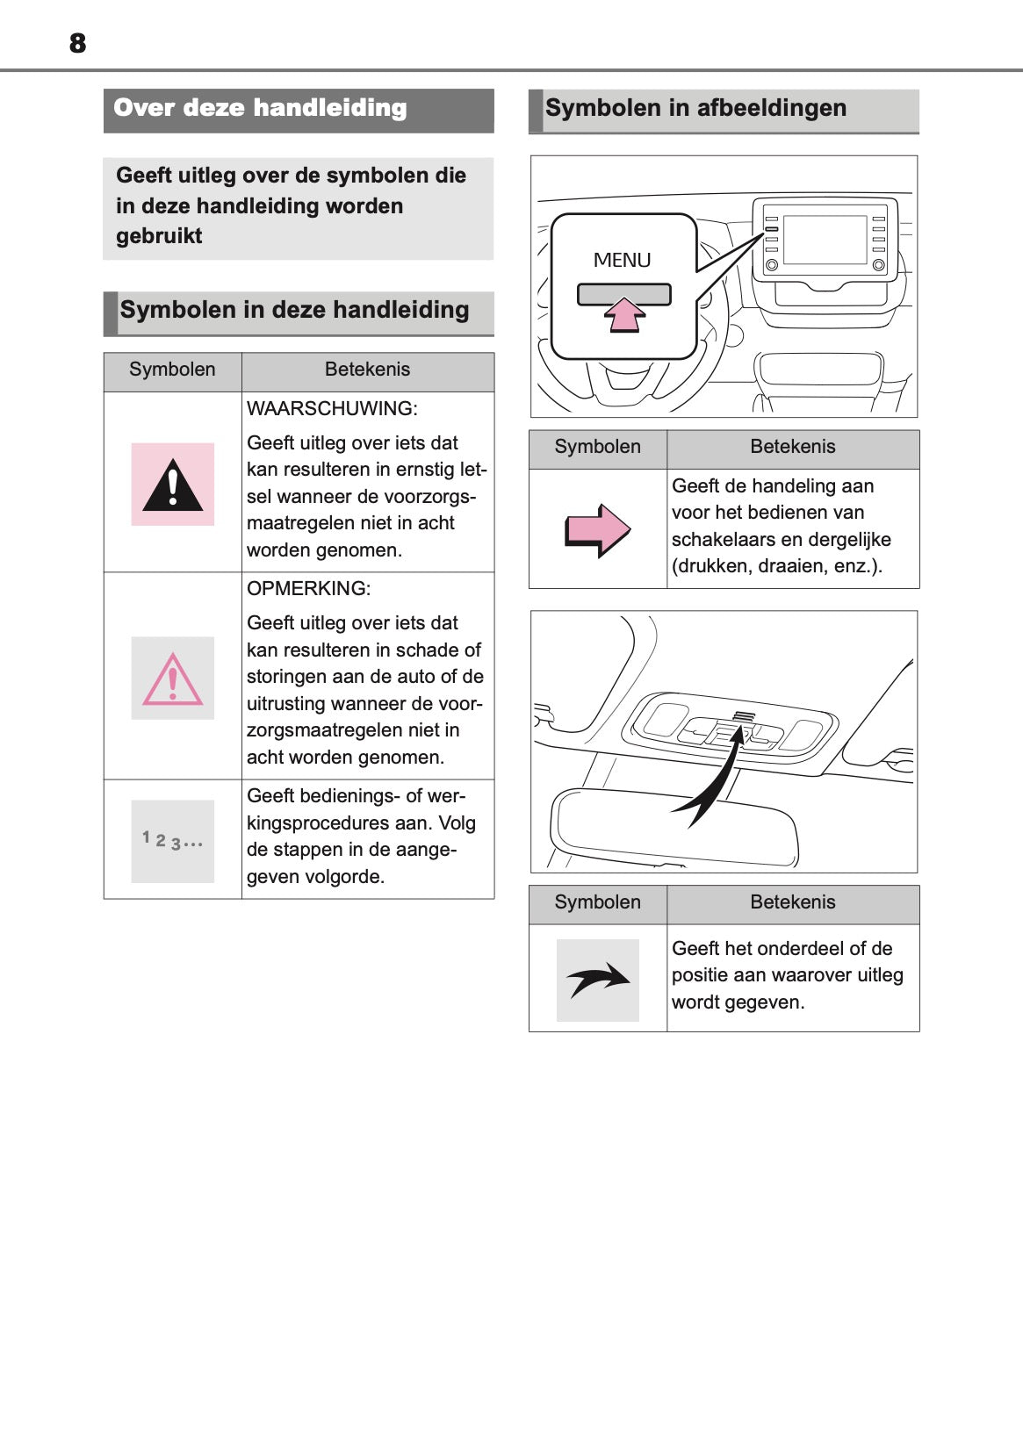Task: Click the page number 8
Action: tap(77, 43)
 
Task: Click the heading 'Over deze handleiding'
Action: tap(260, 109)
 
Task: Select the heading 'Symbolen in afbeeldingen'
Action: tap(695, 109)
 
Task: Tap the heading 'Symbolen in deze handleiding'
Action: tap(294, 311)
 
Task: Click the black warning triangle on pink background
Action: tap(173, 485)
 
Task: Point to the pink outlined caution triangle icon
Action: tap(173, 679)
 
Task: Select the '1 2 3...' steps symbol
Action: tap(173, 841)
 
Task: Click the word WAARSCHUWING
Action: tap(332, 409)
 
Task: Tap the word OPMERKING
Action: tap(308, 589)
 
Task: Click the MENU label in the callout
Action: tap(622, 261)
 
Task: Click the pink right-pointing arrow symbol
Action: tap(597, 530)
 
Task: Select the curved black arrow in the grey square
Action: tap(597, 980)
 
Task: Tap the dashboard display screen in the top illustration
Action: tap(825, 239)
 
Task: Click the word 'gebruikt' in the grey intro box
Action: tap(159, 237)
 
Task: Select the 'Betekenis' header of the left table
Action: tap(367, 370)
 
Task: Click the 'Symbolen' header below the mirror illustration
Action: tap(597, 903)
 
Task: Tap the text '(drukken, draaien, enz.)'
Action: tap(776, 567)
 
